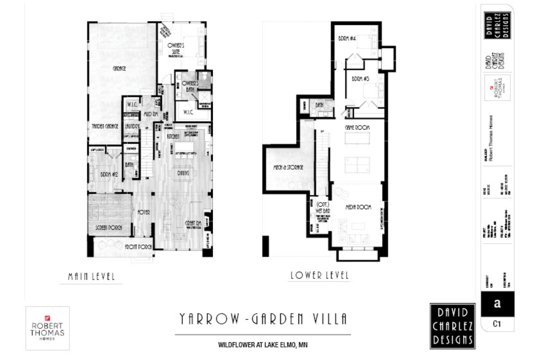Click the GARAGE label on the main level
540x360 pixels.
pos(119,68)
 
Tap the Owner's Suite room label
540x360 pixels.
pos(176,49)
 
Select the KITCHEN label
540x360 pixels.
pos(173,137)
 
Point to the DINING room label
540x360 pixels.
pos(183,173)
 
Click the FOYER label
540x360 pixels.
pos(144,212)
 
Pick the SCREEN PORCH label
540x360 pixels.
pos(109,228)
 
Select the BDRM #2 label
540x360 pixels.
pos(109,174)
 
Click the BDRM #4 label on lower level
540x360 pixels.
pos(347,38)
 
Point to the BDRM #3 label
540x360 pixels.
pos(360,78)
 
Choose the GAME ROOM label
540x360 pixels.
pos(357,127)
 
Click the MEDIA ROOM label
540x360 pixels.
pos(358,207)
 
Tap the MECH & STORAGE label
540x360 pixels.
pos(288,167)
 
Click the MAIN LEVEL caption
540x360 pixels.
pos(91,276)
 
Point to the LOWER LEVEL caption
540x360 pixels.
pos(319,275)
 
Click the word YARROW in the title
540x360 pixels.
pos(210,319)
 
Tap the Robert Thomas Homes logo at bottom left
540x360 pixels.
pos(48,328)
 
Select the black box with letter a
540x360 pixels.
pos(497,303)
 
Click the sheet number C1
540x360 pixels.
pos(497,324)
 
